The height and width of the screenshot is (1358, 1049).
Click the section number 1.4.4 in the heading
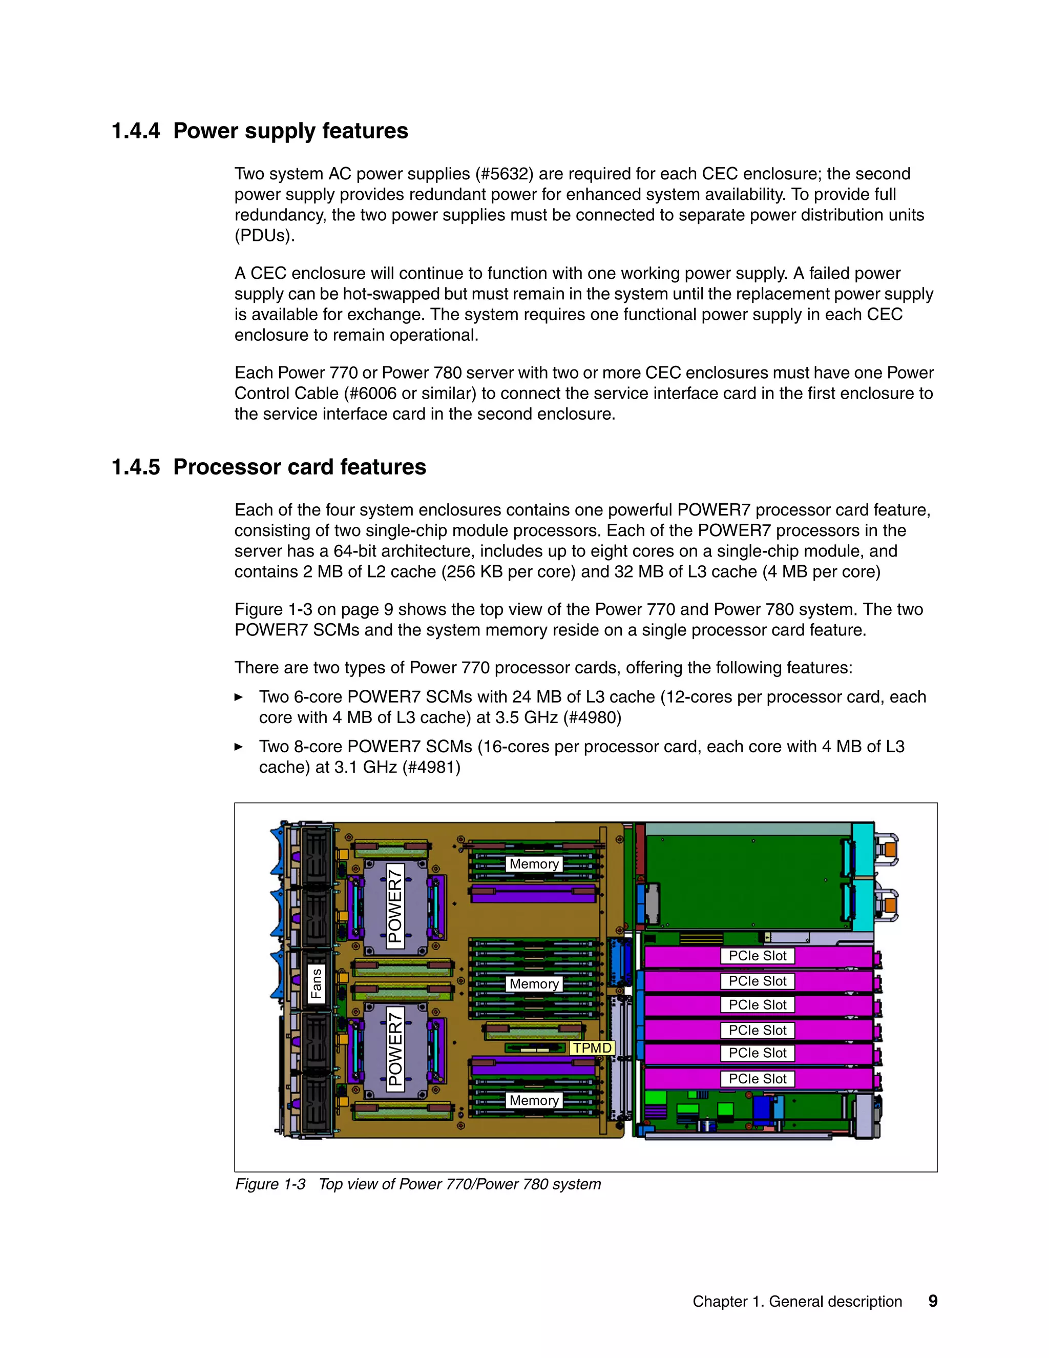pyautogui.click(x=135, y=131)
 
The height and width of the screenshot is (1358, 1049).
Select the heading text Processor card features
pyautogui.click(x=300, y=467)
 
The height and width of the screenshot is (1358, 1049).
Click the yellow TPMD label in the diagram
pyautogui.click(x=592, y=1048)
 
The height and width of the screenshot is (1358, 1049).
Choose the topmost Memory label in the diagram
pyautogui.click(x=534, y=863)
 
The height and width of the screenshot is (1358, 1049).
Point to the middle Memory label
pyautogui.click(x=534, y=984)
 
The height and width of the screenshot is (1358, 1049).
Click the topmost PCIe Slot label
pyautogui.click(x=757, y=956)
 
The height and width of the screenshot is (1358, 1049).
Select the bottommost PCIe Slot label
pyautogui.click(x=757, y=1079)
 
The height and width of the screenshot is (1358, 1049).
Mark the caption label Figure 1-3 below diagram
pyautogui.click(x=270, y=1184)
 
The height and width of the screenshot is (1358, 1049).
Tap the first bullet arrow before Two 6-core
pyautogui.click(x=239, y=697)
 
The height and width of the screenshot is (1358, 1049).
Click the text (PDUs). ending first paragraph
pyautogui.click(x=264, y=236)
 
